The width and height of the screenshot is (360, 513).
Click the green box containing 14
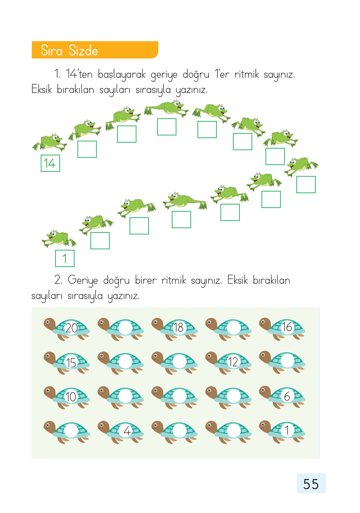coord(50,163)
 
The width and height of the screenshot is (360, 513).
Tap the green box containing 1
coord(65,258)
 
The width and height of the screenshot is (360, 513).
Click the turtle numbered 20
coord(67,329)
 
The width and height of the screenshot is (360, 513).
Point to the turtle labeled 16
coord(282,329)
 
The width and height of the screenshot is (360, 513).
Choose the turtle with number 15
coord(67,363)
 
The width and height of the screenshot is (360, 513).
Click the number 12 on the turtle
coord(233,362)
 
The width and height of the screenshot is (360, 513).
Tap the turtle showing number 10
coord(67,398)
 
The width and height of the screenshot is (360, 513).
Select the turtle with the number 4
coord(121,432)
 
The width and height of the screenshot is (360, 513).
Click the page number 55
coord(311,484)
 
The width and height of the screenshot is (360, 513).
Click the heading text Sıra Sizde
coord(70,50)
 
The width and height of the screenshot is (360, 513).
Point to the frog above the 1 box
coord(59,239)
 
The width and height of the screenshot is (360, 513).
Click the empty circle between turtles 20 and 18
coord(125,328)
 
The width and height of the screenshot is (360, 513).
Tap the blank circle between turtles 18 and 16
coord(233,328)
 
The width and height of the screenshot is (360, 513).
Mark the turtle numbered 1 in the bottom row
coord(282,432)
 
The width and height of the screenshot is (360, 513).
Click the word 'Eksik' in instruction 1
coord(42,89)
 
